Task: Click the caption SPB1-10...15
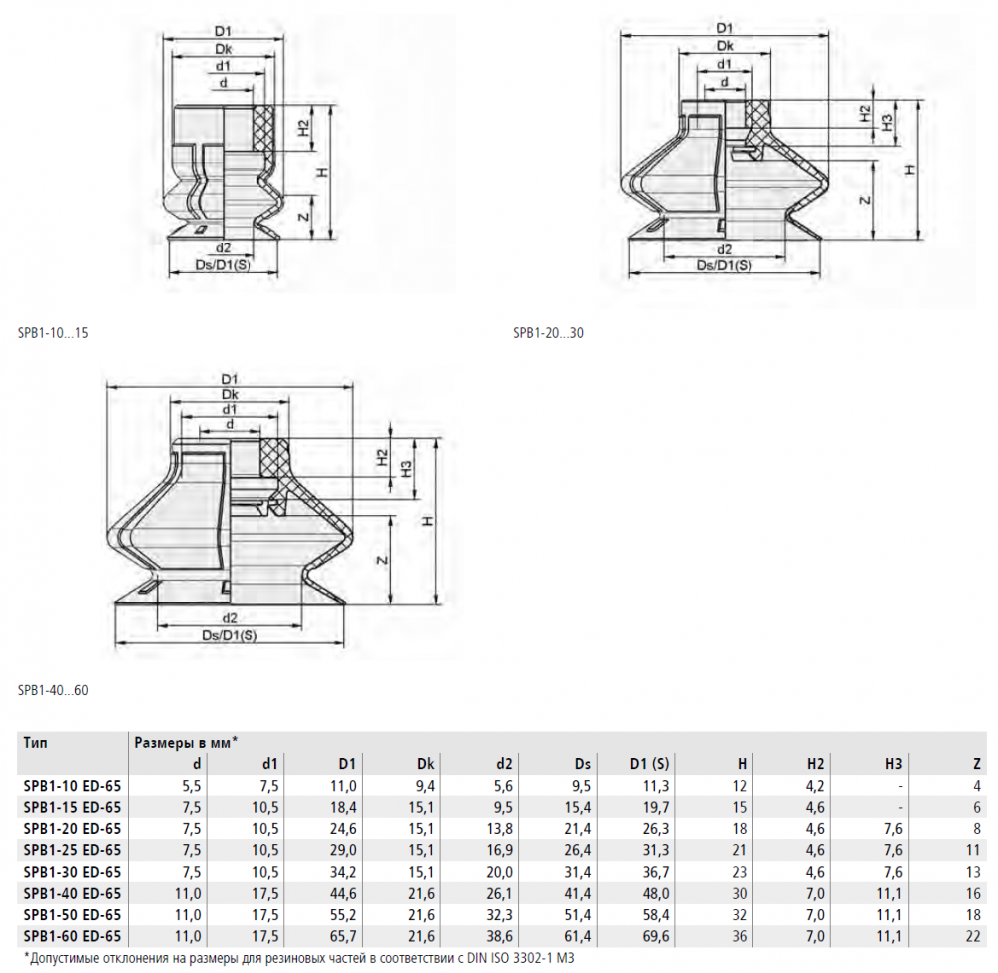[x=53, y=333]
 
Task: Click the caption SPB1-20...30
[x=548, y=333]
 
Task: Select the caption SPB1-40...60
[x=53, y=690]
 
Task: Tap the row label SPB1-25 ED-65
[x=72, y=850]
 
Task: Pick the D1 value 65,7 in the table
[x=343, y=936]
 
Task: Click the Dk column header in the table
[x=425, y=764]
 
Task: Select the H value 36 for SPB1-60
[x=739, y=936]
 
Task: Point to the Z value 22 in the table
[x=973, y=936]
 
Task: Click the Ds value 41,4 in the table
[x=578, y=893]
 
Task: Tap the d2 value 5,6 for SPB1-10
[x=503, y=786]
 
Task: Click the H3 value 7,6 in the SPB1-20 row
[x=893, y=829]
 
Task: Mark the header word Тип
[x=35, y=742]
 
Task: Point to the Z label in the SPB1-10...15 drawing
[x=304, y=217]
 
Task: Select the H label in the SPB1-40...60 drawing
[x=428, y=521]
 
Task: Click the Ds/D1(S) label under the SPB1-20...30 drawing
[x=725, y=265]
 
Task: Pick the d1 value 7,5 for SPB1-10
[x=269, y=786]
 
